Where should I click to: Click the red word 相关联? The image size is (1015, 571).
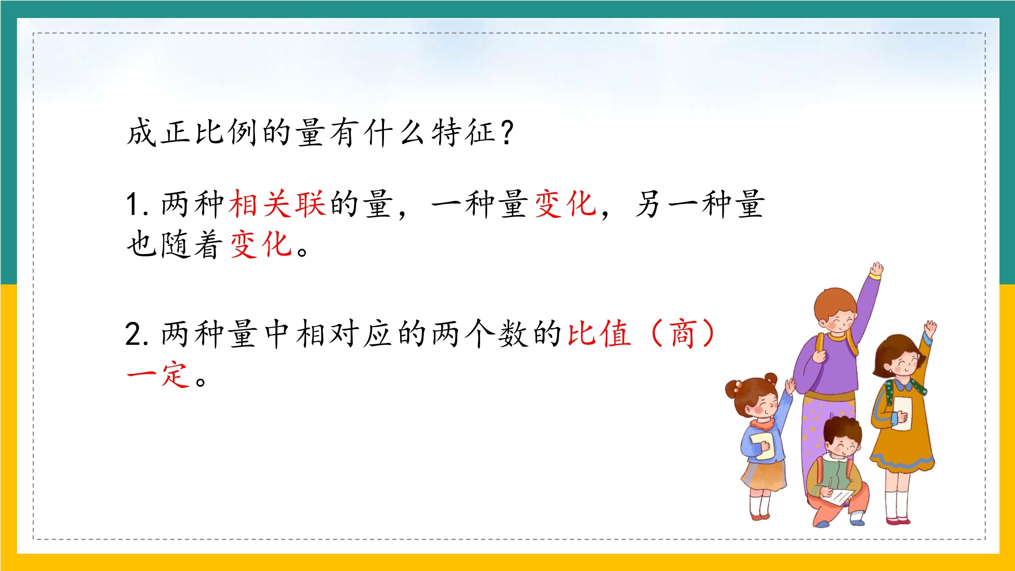point(277,204)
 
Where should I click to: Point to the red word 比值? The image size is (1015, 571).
point(599,334)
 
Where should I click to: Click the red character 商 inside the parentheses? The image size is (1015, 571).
point(682,334)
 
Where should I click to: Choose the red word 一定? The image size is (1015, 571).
point(158,374)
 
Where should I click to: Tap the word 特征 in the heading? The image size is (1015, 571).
point(464,132)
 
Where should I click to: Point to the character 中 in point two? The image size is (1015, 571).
point(277,334)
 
